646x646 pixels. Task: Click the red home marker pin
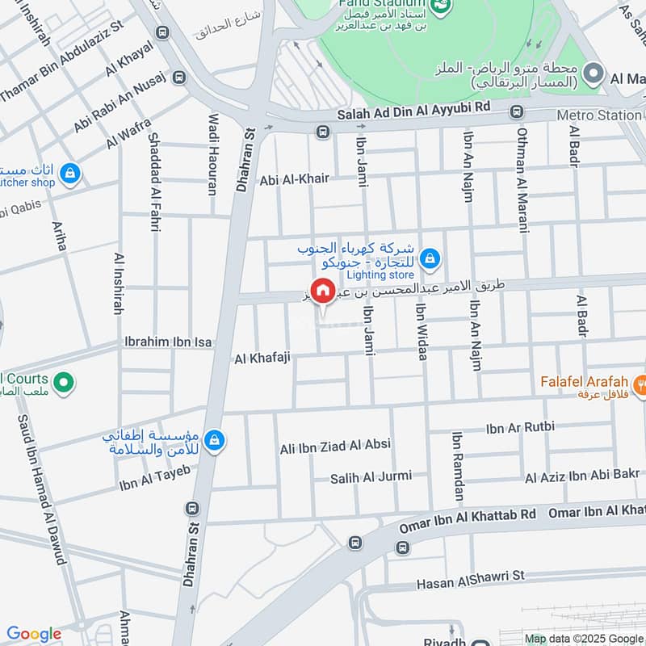[323, 292]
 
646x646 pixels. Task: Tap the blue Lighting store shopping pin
[430, 258]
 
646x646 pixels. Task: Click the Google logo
[33, 634]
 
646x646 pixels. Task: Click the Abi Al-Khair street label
[294, 179]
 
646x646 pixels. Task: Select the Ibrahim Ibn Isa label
[168, 342]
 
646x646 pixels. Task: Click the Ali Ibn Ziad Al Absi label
[335, 446]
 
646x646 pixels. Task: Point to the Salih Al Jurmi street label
[371, 479]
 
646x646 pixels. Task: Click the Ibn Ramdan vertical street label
[458, 467]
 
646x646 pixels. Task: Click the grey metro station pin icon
[594, 75]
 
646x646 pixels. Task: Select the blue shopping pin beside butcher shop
[71, 172]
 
